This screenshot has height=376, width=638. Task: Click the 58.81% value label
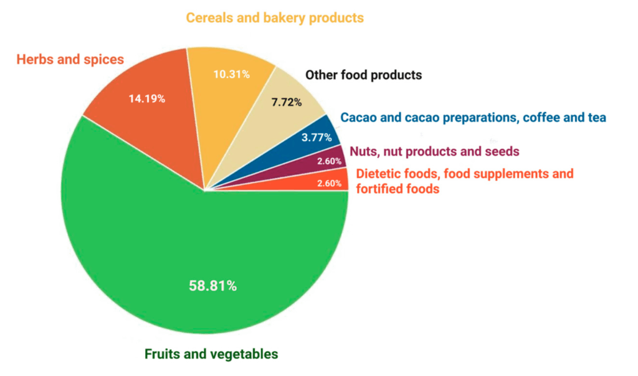tap(212, 286)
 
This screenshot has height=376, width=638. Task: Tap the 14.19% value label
tap(147, 98)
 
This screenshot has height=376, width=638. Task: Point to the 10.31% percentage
tap(231, 75)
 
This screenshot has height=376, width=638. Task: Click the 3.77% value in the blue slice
tap(317, 138)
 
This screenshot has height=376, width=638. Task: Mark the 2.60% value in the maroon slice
tap(329, 161)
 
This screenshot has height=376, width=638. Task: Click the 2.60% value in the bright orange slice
tap(329, 184)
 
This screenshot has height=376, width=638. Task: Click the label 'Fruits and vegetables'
tap(211, 354)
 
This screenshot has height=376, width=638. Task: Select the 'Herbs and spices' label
tap(70, 60)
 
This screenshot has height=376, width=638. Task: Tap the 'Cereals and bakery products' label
tap(275, 18)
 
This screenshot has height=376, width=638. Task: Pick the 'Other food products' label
tap(363, 75)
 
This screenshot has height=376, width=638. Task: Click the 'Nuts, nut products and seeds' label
tap(434, 151)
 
